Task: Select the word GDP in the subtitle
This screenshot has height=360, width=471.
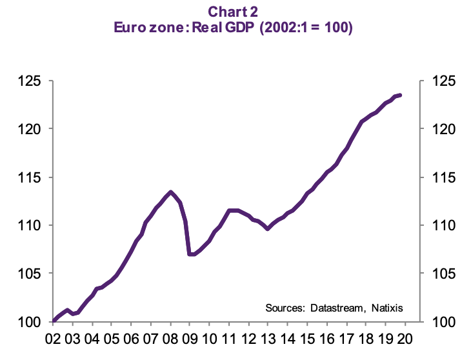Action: [239, 28]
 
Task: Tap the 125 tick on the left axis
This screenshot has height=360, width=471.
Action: [30, 81]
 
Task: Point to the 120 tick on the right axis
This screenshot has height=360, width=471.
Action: [443, 129]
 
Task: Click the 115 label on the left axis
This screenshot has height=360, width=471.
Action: [30, 177]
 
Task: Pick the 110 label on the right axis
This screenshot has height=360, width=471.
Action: [443, 226]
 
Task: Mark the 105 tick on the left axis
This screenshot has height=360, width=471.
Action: [30, 274]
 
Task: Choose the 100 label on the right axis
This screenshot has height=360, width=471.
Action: [443, 322]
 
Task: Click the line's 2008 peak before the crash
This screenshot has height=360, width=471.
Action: [170, 192]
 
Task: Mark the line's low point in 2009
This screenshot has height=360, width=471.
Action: [190, 254]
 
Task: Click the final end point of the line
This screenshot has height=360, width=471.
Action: [400, 95]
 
